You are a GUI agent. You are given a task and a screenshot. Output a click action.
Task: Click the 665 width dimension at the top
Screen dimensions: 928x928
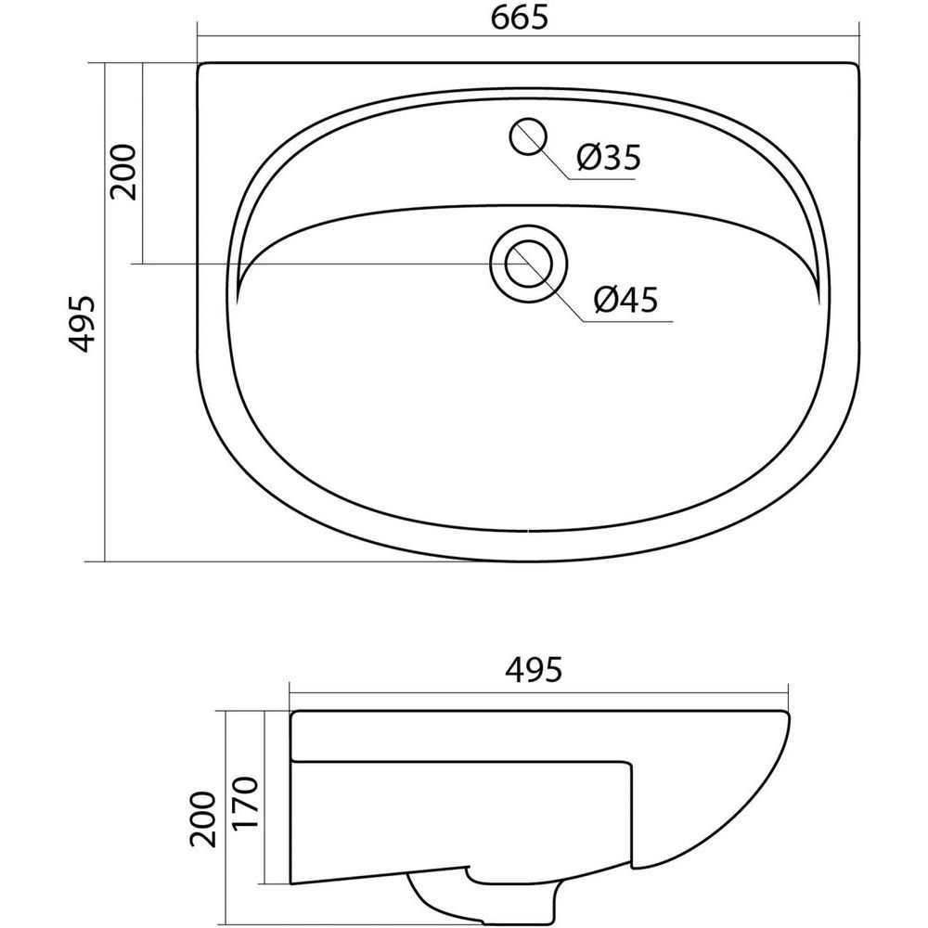(520, 19)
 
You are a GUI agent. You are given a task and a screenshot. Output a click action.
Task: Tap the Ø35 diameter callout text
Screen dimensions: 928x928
(609, 158)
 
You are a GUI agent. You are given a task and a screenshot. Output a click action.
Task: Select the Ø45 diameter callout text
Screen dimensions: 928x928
(625, 300)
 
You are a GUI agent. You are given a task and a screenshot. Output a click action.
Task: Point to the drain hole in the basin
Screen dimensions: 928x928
(529, 264)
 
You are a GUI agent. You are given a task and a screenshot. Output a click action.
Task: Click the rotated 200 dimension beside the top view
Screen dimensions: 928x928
(124, 172)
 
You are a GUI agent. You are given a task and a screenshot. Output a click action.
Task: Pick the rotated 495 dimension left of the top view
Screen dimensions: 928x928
(81, 324)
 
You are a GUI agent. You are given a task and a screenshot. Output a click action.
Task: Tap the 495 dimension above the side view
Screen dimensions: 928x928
(534, 669)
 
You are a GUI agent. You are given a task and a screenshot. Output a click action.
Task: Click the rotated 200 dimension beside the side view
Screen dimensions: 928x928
(203, 819)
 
